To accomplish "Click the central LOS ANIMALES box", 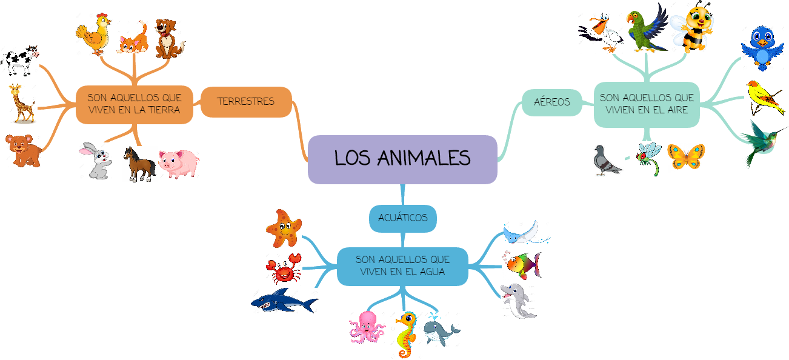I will pyautogui.click(x=402, y=159).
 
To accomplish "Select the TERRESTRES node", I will pyautogui.click(x=246, y=102).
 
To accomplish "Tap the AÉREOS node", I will pyautogui.click(x=552, y=102).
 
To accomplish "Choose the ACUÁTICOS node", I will pyautogui.click(x=403, y=218).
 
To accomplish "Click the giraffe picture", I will pyautogui.click(x=23, y=104).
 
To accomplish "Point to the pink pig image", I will pyautogui.click(x=179, y=164).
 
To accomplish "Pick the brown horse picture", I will pyautogui.click(x=139, y=164).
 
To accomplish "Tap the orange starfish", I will pyautogui.click(x=284, y=228).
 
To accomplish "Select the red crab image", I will pyautogui.click(x=284, y=268).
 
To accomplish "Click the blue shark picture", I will pyautogui.click(x=285, y=301).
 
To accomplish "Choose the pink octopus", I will pyautogui.click(x=367, y=327).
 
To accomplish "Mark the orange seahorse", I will pyautogui.click(x=405, y=335).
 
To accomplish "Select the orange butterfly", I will pyautogui.click(x=687, y=158).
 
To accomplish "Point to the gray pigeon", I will pyautogui.click(x=607, y=161).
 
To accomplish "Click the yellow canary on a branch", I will pyautogui.click(x=765, y=96).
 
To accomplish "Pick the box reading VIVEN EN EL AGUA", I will pyautogui.click(x=402, y=266).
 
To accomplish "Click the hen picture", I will pyautogui.click(x=95, y=35).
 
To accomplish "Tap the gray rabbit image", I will pyautogui.click(x=96, y=161).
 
